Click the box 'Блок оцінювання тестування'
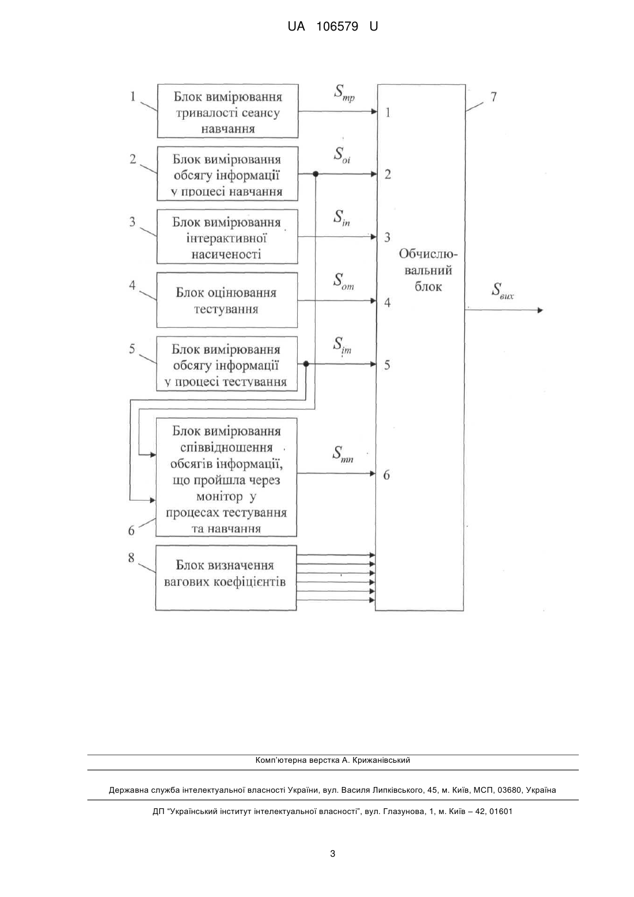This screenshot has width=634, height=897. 227,300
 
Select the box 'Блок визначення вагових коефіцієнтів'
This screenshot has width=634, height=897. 226,577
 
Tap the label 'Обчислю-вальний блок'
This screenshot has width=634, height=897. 428,270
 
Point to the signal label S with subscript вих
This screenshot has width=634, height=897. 503,291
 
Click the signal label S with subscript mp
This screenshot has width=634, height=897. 344,93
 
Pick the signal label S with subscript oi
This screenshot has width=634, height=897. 342,155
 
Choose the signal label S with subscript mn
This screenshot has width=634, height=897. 343,455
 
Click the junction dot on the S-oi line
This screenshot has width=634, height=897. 316,174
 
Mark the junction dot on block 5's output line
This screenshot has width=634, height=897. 306,364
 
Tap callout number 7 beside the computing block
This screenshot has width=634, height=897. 493,97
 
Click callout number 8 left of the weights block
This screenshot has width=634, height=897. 131,558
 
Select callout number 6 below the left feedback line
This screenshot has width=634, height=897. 131,531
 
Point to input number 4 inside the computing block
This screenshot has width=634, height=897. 387,302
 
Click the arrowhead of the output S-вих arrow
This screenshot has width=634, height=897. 540,310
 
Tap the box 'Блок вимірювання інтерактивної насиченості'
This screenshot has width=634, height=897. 227,237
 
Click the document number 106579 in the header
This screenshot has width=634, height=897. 337,27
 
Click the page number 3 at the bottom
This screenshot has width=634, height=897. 333,854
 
